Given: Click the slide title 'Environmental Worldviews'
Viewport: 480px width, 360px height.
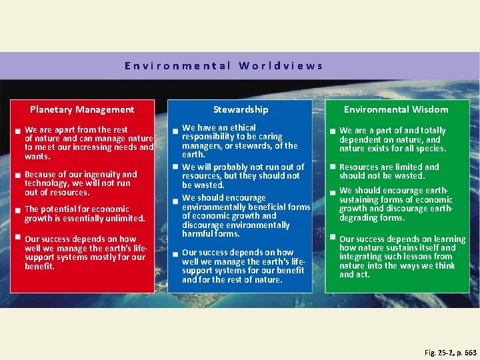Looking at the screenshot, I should pyautogui.click(x=224, y=66).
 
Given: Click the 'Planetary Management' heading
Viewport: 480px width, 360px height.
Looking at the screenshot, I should pyautogui.click(x=82, y=109).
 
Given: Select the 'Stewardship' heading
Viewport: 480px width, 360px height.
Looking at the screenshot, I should pyautogui.click(x=241, y=109).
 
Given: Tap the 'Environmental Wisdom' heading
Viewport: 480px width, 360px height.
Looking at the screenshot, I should pyautogui.click(x=396, y=109).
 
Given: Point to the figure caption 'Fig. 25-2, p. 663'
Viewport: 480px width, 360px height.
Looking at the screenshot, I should pyautogui.click(x=450, y=352).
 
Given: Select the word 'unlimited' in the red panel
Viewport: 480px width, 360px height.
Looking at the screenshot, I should pyautogui.click(x=127, y=218).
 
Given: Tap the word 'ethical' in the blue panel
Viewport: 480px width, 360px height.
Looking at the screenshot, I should pyautogui.click(x=242, y=127).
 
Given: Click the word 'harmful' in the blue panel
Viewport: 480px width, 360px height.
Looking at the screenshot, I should pyautogui.click(x=199, y=234).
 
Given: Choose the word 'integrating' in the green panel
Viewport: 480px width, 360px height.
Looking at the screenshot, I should pyautogui.click(x=363, y=257).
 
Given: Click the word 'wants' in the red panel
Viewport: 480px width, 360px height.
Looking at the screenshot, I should pyautogui.click(x=37, y=156).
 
